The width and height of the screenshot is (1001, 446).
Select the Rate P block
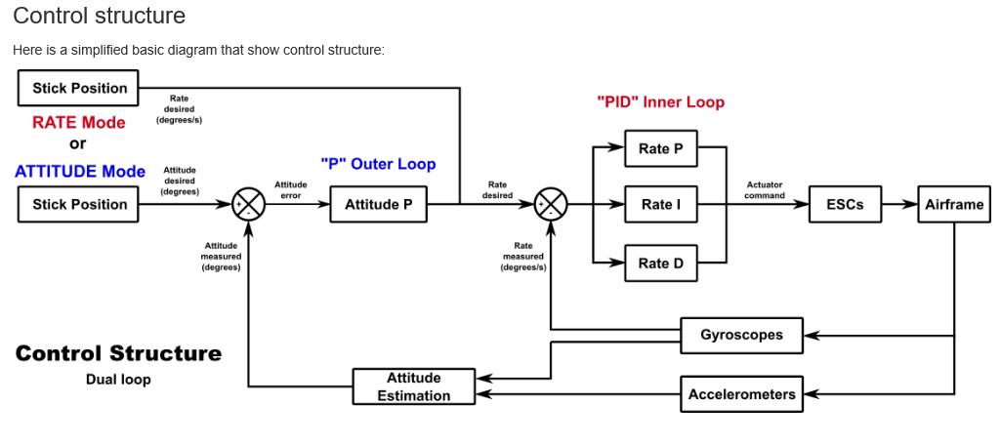660,148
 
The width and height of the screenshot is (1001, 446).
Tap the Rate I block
660,204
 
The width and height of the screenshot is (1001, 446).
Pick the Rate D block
660,263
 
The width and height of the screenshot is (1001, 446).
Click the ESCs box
845,204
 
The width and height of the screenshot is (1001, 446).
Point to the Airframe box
954,204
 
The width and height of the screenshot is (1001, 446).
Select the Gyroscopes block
741,335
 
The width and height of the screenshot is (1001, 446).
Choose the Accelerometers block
741,394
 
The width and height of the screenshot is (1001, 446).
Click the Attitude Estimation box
413,386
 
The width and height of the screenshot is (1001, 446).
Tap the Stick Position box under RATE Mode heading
79,88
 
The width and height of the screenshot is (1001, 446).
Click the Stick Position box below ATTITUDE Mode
79,204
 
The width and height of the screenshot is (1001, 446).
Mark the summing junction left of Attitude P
248,205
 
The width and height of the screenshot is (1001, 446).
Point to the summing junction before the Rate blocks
551,205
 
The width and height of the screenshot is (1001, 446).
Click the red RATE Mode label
79,122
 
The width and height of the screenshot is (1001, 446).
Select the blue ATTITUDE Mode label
80,171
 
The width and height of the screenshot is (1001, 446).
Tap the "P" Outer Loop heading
378,163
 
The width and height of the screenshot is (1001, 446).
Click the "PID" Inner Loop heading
660,101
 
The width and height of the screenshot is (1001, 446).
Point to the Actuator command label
764,189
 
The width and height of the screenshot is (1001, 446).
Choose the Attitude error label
290,189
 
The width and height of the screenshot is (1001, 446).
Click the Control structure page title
99,16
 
